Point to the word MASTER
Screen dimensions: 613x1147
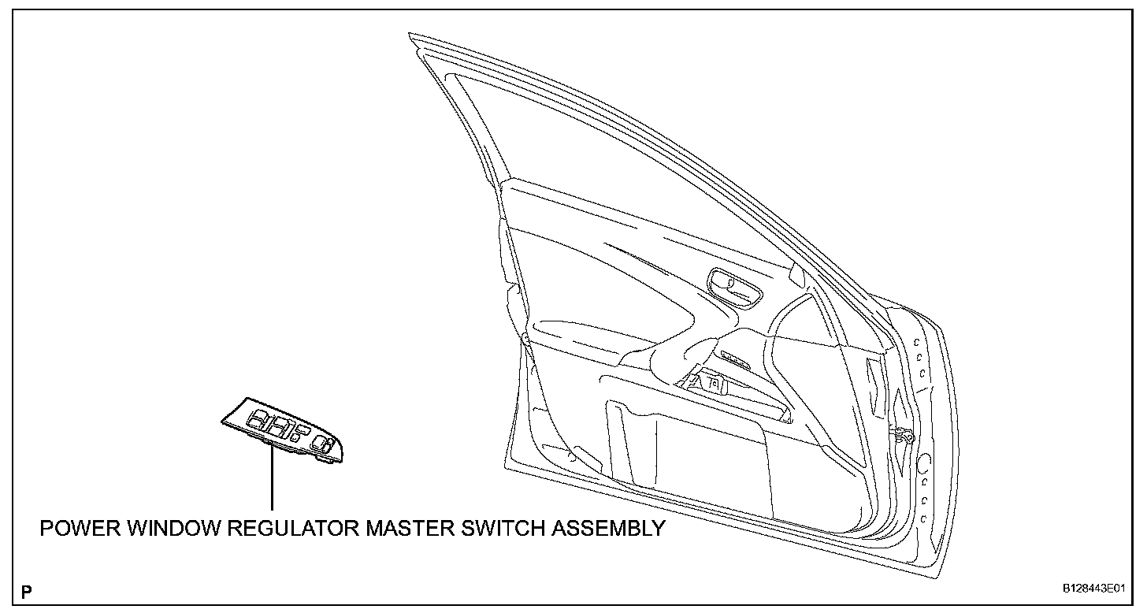click(x=408, y=528)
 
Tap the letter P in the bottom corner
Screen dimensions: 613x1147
click(x=28, y=591)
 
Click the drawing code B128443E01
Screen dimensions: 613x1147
click(x=1091, y=589)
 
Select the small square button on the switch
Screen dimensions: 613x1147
click(x=293, y=436)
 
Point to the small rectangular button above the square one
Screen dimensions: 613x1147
click(x=302, y=425)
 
